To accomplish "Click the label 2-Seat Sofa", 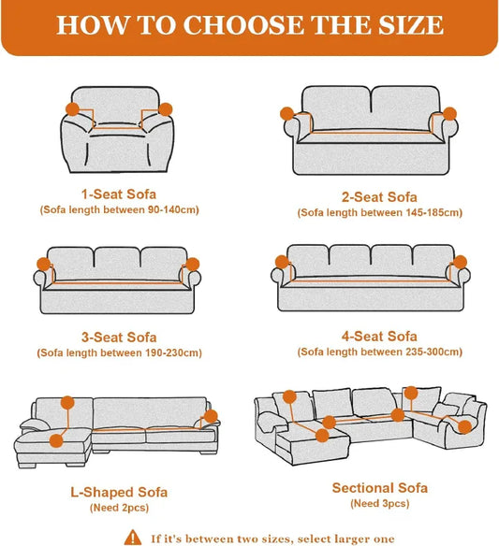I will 378,196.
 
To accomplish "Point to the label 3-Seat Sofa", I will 118,337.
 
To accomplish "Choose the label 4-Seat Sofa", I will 378,336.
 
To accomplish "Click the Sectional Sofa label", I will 379,488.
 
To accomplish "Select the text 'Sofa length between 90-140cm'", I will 119,210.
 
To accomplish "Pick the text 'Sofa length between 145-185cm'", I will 379,213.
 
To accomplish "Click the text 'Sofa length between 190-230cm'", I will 119,353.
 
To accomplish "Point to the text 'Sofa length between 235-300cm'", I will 379,352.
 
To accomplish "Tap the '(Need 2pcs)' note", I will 117,508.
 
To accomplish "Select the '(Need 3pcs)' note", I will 379,504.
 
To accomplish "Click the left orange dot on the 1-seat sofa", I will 74,109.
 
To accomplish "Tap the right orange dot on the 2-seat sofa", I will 450,114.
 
